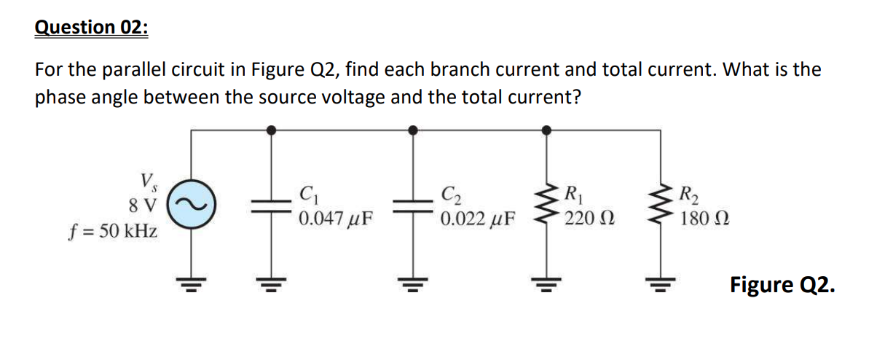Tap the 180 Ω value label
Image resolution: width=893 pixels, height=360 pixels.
(704, 217)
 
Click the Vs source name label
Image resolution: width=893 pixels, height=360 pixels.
(147, 179)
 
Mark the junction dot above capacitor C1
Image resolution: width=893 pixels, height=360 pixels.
(272, 130)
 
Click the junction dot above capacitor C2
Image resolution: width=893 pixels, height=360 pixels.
(413, 130)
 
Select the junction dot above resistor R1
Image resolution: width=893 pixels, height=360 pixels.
(547, 130)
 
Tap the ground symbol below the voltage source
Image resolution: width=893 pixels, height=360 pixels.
(192, 283)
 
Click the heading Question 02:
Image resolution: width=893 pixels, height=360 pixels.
(91, 28)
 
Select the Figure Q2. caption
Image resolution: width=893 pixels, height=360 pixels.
(782, 284)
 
